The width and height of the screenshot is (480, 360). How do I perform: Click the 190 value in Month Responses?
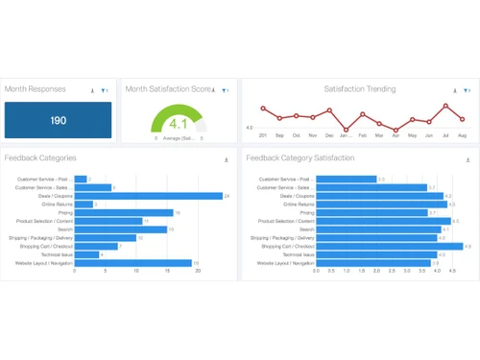59,121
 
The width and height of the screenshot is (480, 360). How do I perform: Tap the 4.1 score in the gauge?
179,124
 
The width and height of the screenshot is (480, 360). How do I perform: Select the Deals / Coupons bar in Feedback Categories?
149,196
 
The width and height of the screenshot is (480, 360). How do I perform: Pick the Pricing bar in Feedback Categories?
124,213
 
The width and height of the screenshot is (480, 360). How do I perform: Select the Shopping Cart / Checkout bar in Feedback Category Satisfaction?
390,247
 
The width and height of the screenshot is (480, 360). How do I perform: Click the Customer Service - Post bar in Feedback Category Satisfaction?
346,180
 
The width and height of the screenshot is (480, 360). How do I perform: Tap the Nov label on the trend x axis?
313,136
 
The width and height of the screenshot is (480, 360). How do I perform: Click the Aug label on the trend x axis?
463,136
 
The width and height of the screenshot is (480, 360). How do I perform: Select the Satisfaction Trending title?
359,89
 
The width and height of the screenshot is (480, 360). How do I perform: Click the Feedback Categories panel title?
40,158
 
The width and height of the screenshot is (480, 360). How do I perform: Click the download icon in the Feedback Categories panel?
227,160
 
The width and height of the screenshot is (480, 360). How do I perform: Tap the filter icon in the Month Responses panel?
104,90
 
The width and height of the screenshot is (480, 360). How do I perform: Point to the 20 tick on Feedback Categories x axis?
198,272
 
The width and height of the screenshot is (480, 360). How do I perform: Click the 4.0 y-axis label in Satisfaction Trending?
250,128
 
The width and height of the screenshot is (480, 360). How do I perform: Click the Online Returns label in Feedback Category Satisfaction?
299,204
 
